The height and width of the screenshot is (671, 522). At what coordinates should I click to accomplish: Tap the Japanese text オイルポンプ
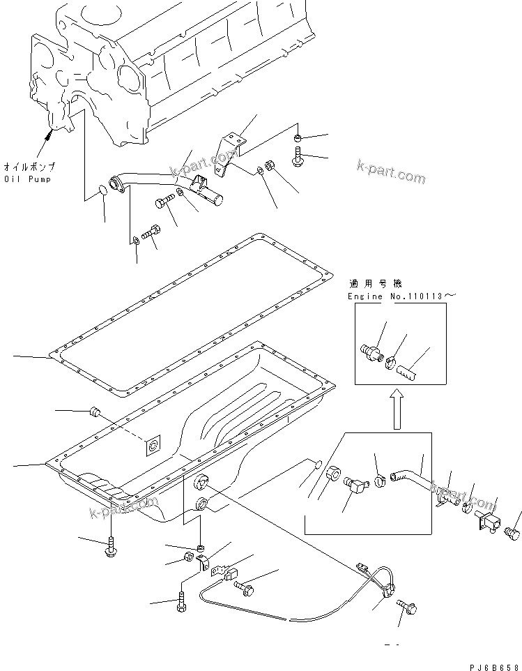click(29, 167)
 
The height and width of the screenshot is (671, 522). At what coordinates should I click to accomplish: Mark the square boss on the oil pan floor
click(151, 446)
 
